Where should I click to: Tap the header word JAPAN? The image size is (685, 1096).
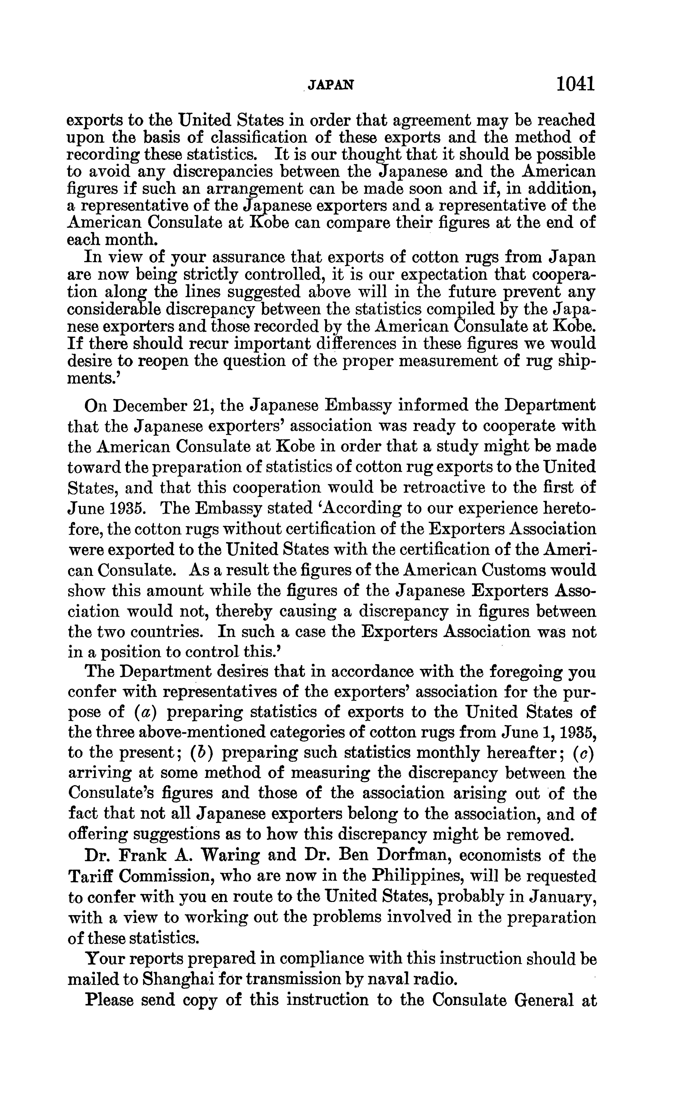(330, 85)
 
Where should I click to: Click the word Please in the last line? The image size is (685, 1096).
(110, 1000)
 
